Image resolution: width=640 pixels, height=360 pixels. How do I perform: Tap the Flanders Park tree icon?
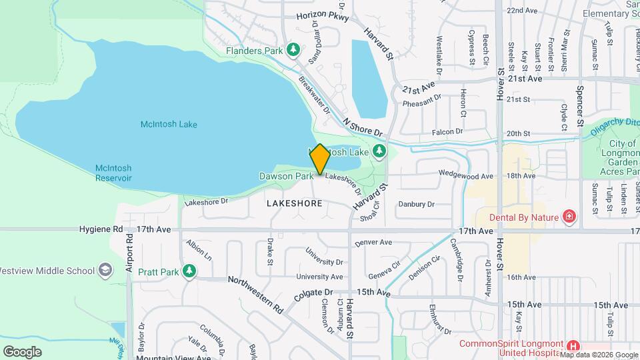[x=293, y=50]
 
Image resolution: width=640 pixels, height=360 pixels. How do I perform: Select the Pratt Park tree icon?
[x=190, y=271]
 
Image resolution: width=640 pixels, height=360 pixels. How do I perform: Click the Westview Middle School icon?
[x=105, y=270]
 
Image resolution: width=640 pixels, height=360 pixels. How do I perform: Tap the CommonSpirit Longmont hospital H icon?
[x=573, y=345]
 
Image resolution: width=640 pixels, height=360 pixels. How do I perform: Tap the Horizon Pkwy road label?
[x=323, y=17]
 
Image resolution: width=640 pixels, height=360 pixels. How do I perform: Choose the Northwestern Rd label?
[x=256, y=294]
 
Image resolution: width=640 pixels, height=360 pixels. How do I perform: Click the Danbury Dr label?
[x=416, y=204]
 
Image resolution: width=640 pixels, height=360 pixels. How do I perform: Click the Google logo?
[x=22, y=351]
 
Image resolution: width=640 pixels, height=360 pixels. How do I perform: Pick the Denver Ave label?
[x=374, y=243]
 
